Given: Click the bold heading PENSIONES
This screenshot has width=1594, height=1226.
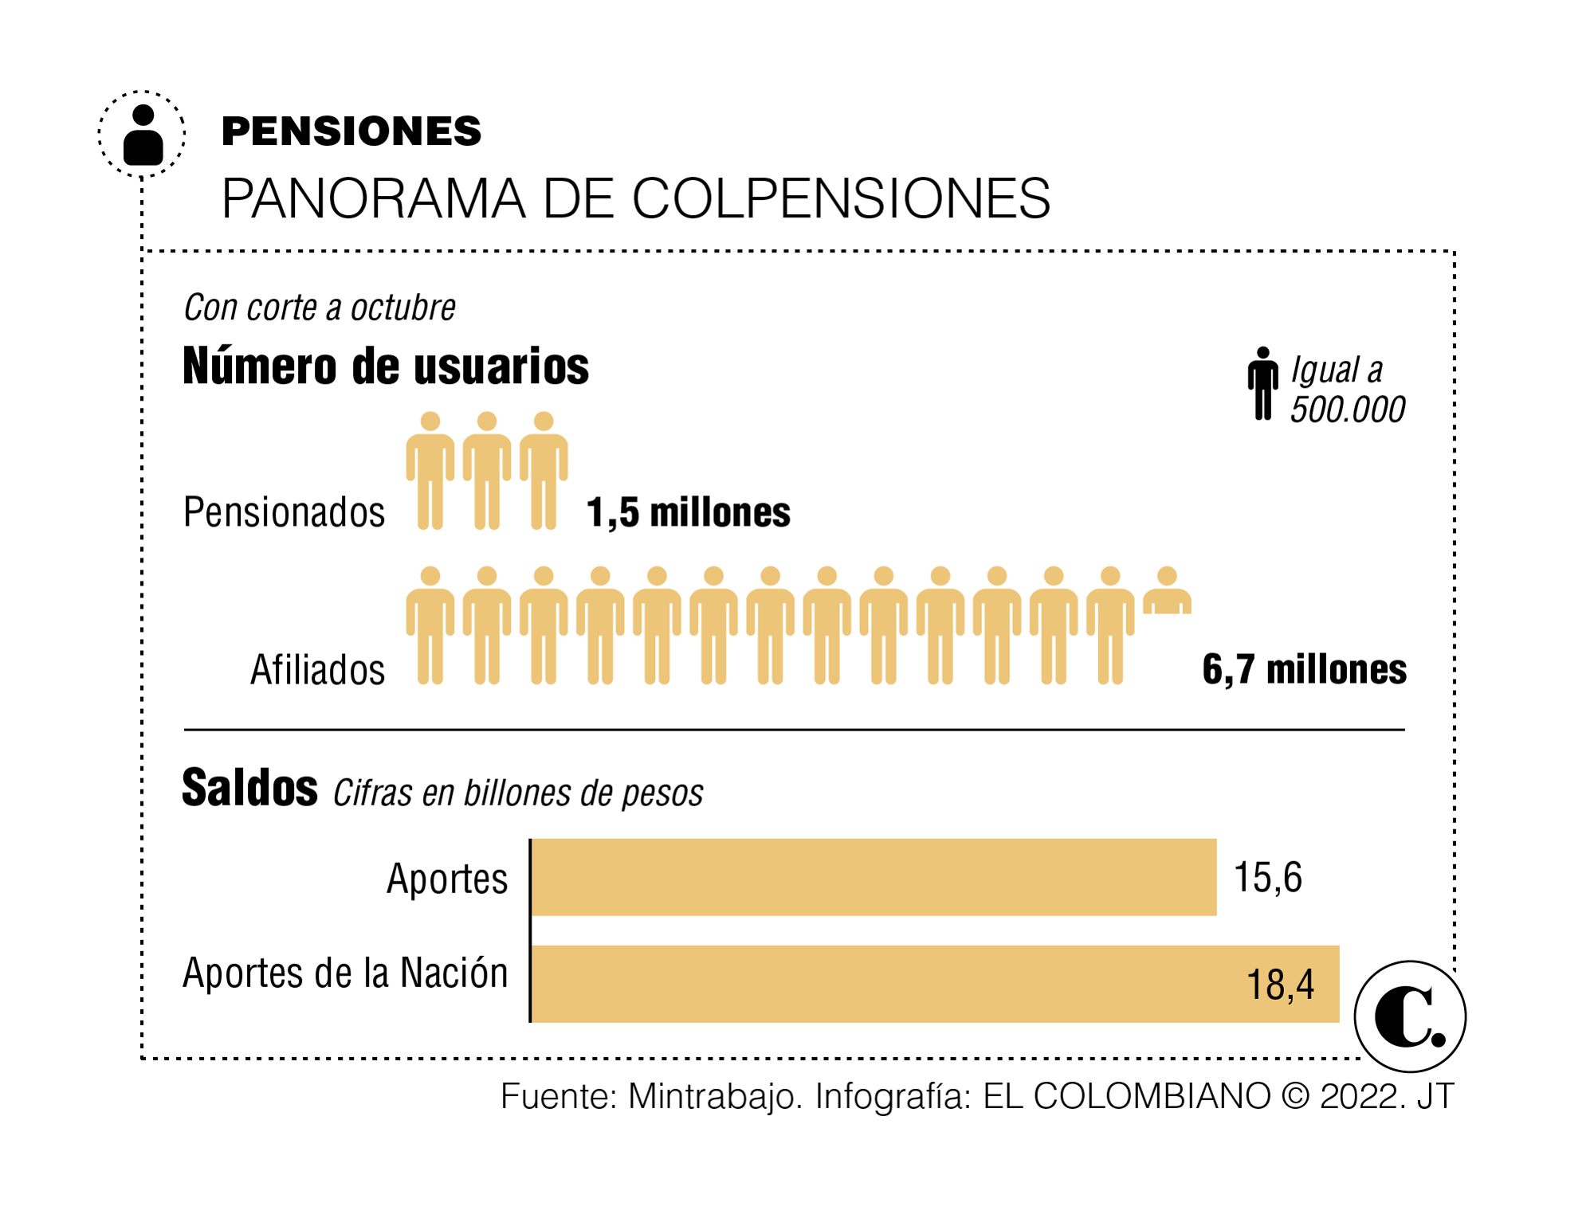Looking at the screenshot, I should coord(351,131).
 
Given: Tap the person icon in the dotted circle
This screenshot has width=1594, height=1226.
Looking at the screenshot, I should coord(143,135).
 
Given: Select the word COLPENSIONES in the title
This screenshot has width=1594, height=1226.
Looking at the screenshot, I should coord(841,198).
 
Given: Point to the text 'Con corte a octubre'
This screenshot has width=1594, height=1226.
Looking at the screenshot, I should coord(320,307).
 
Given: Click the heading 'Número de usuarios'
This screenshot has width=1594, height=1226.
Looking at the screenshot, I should coord(386,366).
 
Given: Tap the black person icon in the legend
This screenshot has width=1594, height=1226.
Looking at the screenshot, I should coord(1262,383).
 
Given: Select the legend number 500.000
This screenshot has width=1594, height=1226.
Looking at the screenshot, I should coord(1348,409).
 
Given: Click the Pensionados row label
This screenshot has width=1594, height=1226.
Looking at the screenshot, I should coord(284,512).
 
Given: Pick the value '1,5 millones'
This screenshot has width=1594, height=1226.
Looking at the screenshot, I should coord(689,512).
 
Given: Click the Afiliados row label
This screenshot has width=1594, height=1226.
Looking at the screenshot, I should coord(317,670).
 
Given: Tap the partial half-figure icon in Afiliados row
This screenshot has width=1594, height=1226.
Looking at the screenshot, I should coord(1167,591).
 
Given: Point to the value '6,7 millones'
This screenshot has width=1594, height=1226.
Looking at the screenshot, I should coord(1304,669).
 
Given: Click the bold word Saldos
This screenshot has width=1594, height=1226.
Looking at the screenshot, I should coord(249,788).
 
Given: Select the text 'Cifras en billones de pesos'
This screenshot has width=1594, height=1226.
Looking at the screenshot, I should coord(518,793).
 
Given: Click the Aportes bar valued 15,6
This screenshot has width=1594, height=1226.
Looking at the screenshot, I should coord(874,877).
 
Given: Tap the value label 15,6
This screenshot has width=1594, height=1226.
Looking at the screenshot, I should coord(1267,878).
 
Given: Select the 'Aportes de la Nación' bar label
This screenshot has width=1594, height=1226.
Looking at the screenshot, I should coord(345,973).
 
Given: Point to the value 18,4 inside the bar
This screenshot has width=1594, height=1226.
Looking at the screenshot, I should coord(1280,985).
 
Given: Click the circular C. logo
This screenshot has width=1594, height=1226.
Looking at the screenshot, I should coord(1410,1016).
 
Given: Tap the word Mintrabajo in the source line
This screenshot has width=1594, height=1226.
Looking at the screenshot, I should coord(714,1097).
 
